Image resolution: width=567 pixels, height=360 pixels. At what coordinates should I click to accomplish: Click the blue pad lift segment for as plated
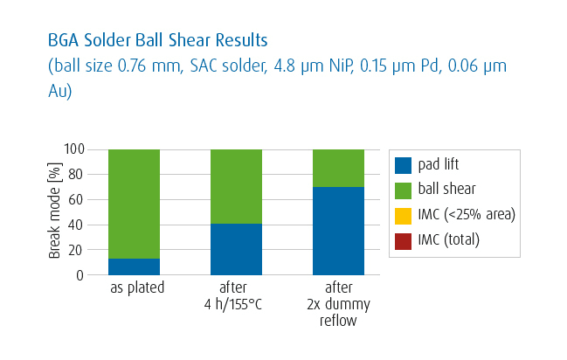[x=134, y=267]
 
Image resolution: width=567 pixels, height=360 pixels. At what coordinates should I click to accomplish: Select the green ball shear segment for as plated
[x=134, y=204]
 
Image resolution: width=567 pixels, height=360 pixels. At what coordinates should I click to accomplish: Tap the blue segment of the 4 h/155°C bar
[x=236, y=249]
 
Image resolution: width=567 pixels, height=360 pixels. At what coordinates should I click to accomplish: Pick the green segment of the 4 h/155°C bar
[x=236, y=186]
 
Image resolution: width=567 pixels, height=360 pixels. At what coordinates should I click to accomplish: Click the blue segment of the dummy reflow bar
[x=338, y=231]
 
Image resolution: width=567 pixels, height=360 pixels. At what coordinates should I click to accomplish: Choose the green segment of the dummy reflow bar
[x=338, y=168]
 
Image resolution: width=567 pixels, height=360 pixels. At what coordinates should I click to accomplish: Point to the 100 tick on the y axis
[x=74, y=149]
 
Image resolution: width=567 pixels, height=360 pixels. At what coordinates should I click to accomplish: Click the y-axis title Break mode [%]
[x=54, y=212]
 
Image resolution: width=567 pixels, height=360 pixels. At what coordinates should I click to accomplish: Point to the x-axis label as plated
[x=134, y=288]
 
